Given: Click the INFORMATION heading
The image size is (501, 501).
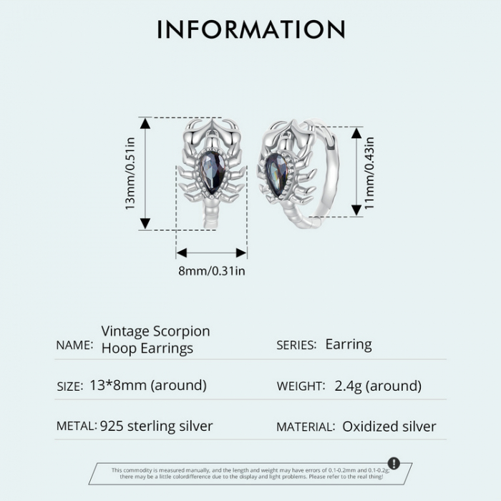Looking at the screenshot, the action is (250, 29).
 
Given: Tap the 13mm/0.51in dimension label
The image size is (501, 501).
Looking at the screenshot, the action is (130, 173).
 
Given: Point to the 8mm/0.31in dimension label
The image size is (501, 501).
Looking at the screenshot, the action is (212, 271).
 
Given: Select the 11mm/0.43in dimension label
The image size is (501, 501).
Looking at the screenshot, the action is (369, 171).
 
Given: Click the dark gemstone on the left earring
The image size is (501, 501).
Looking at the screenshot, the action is (212, 172).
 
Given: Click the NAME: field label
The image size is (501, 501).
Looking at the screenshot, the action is (74, 345).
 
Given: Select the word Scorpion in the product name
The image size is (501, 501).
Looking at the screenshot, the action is (182, 331).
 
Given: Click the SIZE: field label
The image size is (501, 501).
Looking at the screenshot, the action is (69, 386).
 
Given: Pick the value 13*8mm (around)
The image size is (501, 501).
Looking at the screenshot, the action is (148, 385).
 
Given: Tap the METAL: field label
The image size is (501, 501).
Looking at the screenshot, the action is (76, 426).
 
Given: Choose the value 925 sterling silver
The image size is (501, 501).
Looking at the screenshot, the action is (157, 426).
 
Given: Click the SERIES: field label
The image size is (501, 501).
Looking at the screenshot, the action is (296, 345).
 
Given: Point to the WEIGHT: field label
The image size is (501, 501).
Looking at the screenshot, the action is (301, 386).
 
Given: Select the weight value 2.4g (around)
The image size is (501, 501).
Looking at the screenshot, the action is (378, 386).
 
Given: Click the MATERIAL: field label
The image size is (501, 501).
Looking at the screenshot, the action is (306, 427).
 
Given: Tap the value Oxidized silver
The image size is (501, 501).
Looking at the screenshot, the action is (389, 427).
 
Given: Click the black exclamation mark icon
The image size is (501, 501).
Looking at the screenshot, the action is (394, 463).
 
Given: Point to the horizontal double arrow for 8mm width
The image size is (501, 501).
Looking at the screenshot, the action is (212, 253).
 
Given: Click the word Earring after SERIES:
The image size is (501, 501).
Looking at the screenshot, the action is (349, 344).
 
